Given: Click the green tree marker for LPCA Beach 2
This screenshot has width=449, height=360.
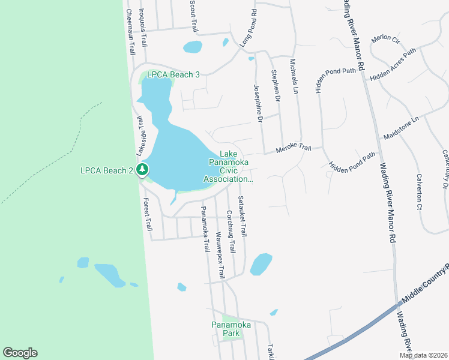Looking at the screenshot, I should click(142, 170).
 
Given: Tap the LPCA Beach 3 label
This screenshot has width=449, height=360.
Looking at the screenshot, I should click(169, 74).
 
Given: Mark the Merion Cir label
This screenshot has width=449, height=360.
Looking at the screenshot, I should click(385, 39).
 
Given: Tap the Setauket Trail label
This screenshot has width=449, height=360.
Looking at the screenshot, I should click(243, 217).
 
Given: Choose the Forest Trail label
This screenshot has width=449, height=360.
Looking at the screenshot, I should click(147, 215).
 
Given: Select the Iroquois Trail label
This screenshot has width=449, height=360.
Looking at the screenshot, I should click(142, 27).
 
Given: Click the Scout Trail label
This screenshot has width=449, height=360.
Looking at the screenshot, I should click(193, 16).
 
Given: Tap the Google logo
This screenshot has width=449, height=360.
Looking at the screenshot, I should click(20, 353).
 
